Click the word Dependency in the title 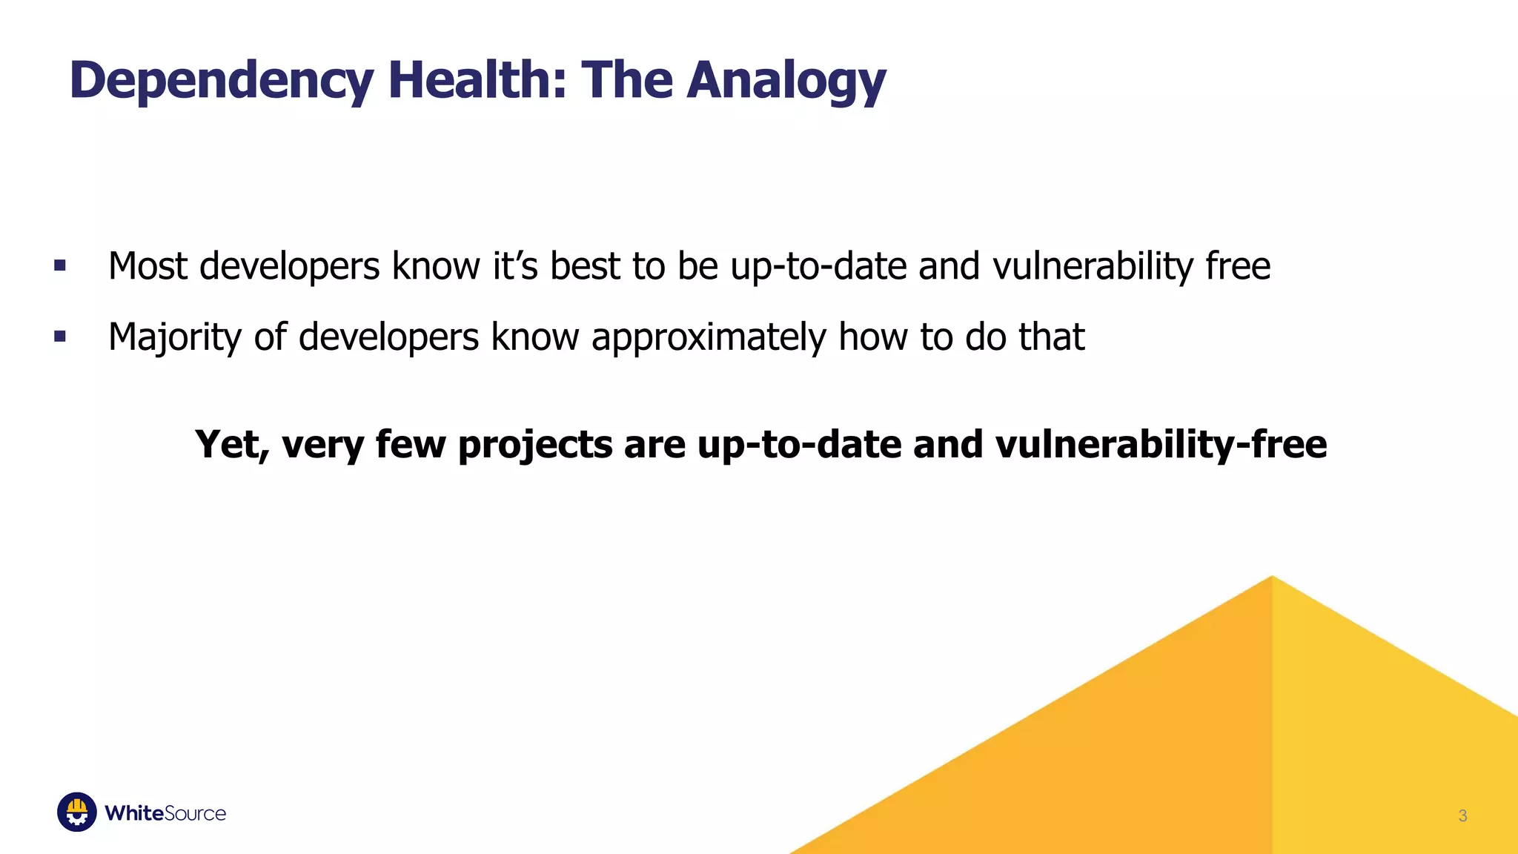221,80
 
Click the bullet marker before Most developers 60,265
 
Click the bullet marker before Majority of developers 60,337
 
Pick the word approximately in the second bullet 708,338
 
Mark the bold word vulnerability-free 1161,445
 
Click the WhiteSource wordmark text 165,813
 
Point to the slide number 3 1462,815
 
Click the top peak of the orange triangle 1272,578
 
